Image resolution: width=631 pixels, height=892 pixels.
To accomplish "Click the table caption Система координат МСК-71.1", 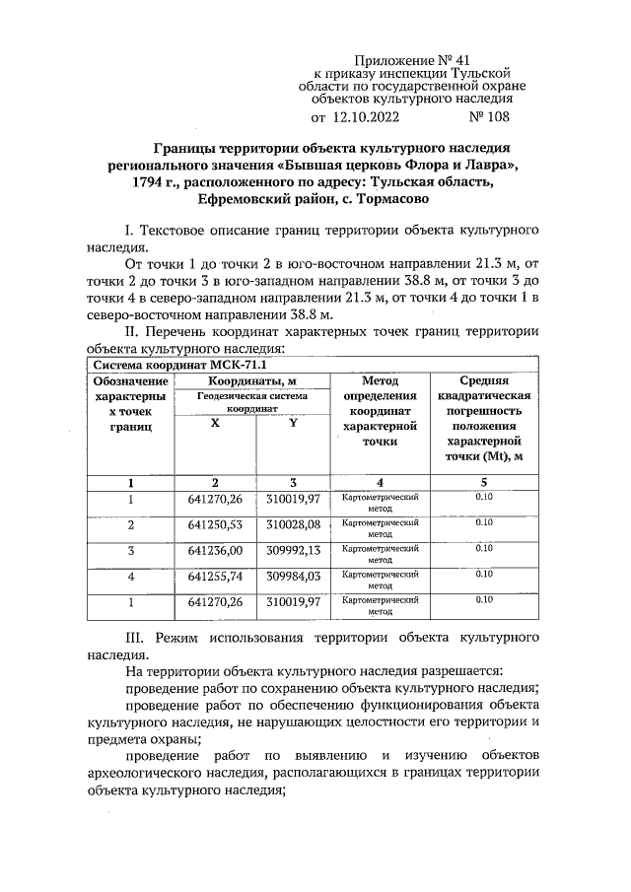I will (x=158, y=363).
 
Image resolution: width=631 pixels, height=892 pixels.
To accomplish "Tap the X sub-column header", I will (x=215, y=422).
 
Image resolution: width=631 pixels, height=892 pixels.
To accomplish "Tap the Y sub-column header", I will (x=294, y=422).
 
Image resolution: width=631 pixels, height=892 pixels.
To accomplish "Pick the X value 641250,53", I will (x=215, y=524).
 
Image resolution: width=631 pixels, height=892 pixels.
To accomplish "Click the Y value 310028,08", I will (x=294, y=524).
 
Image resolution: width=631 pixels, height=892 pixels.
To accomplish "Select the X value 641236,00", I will (x=215, y=550).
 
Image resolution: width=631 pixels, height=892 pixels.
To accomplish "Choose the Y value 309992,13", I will (x=294, y=550).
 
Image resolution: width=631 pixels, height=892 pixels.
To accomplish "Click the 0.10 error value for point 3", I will (x=484, y=546).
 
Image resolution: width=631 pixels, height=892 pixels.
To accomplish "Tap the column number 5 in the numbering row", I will (x=484, y=482).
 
